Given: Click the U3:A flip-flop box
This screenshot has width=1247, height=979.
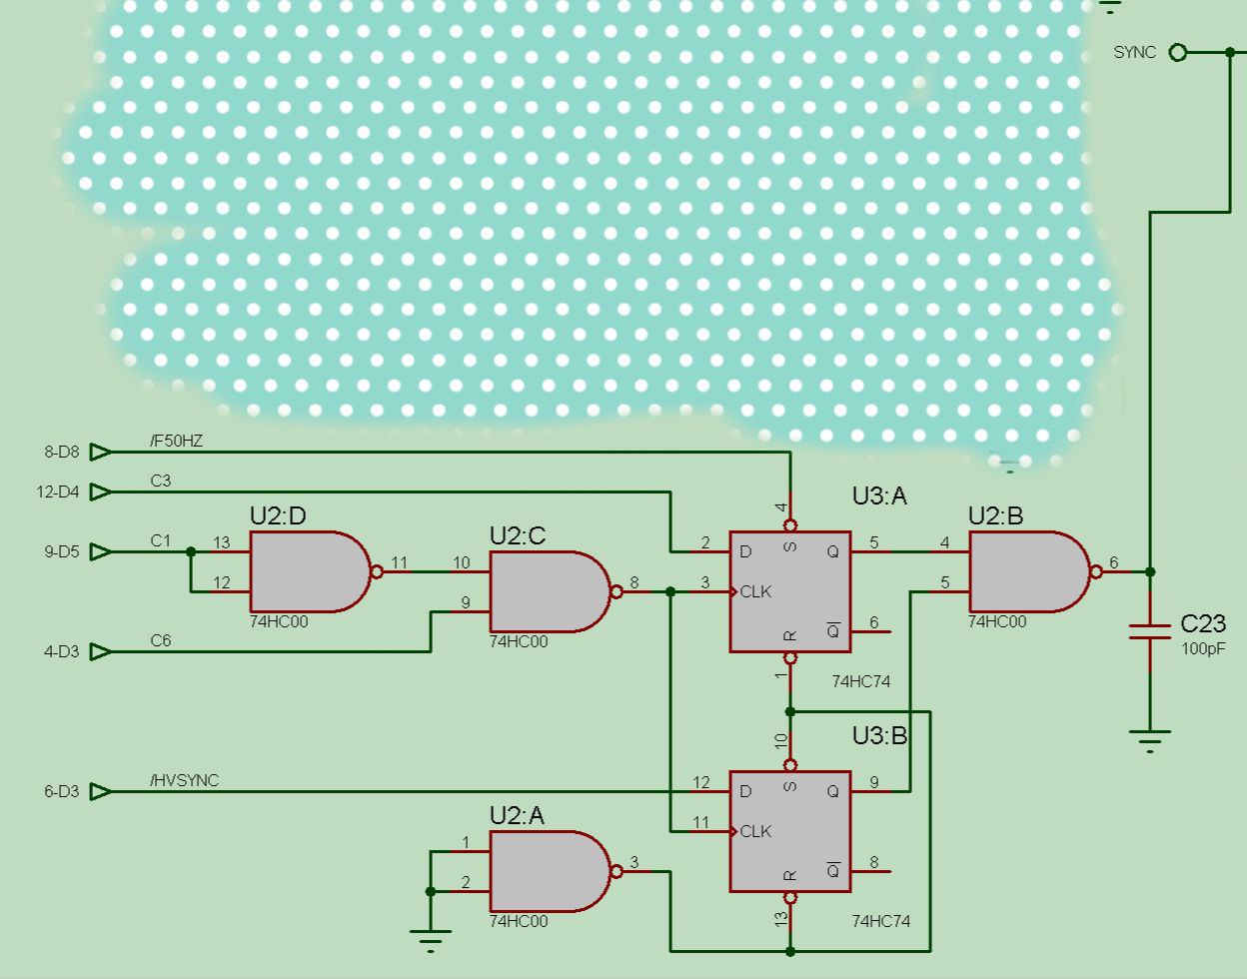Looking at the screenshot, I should pos(789,591).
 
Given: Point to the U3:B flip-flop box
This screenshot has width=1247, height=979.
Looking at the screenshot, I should pos(789,831).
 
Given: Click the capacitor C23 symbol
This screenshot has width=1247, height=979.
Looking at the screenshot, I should pos(1150,631).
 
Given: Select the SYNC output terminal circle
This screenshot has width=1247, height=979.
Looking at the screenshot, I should pos(1178,52).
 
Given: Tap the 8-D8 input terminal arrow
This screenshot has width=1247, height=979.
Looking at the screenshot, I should pos(100,452).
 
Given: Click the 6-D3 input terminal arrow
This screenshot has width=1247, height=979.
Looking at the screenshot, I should pos(100,791).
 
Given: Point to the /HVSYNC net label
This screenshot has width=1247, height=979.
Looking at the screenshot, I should pos(184,780).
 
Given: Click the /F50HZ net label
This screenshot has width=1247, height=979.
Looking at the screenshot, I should pos(176,441).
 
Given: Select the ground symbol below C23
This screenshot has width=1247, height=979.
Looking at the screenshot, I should pos(1150,739).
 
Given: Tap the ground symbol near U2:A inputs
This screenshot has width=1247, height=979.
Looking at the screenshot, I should pos(431,937).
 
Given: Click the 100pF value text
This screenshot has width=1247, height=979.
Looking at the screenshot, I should pos(1203,648).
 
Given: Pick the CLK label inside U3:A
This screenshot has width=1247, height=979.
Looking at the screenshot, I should pos(755,591).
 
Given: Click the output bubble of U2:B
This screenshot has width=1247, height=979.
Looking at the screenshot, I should pos(1096,571).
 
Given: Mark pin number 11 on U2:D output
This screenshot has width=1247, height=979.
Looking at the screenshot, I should pos(400,562).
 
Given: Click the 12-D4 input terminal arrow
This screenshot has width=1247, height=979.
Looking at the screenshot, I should pos(100,491).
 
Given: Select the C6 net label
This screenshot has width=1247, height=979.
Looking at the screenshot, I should pos(161,640).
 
